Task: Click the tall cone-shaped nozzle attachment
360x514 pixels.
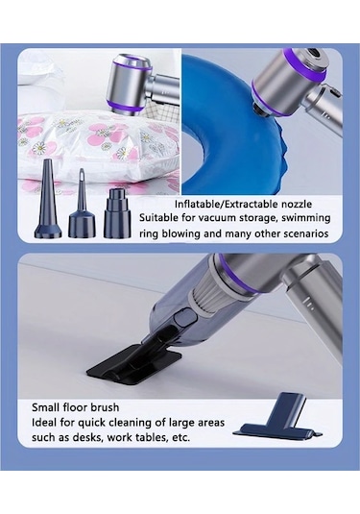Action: (x=48, y=200)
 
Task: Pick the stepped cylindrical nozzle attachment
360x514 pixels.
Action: (x=117, y=212)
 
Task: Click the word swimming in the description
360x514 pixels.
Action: (x=310, y=218)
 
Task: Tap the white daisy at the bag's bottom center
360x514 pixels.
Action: (x=122, y=153)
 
